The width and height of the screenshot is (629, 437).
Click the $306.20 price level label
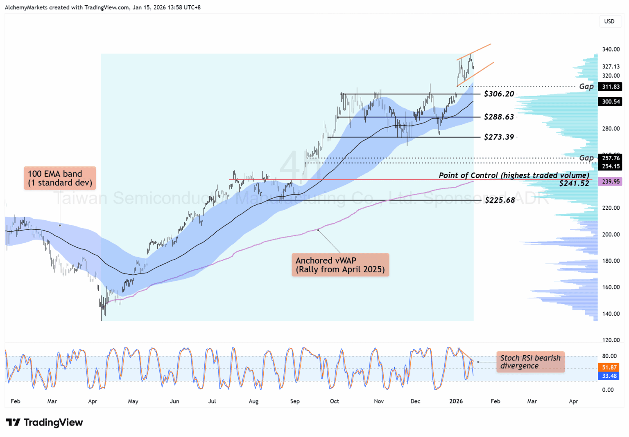click(x=499, y=94)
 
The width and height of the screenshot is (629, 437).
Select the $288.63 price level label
click(x=499, y=117)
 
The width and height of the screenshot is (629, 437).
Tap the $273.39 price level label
click(x=499, y=137)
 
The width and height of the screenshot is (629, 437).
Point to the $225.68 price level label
click(x=500, y=200)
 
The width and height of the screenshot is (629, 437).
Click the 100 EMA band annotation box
click(x=60, y=178)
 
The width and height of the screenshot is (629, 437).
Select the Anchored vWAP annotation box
click(x=340, y=265)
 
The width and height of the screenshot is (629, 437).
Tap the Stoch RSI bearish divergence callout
click(x=530, y=362)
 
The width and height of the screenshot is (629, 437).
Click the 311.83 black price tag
click(x=611, y=87)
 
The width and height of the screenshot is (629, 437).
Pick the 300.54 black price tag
click(x=611, y=101)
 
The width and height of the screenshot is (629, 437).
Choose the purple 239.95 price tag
click(x=611, y=182)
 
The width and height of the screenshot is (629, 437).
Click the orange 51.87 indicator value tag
click(x=609, y=368)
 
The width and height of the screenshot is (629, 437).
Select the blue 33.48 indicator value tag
click(x=609, y=376)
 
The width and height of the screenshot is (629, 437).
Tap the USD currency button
click(x=609, y=21)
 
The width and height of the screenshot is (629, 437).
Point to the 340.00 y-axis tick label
click(x=611, y=49)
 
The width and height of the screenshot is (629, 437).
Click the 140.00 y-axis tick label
click(x=611, y=314)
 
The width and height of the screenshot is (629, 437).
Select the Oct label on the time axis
click(x=335, y=401)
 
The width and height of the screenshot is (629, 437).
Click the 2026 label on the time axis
click(x=456, y=401)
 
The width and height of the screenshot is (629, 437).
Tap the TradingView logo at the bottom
click(x=44, y=422)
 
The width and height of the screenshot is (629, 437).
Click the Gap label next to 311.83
click(x=586, y=86)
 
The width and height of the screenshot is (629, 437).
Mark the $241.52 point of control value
click(x=574, y=184)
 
